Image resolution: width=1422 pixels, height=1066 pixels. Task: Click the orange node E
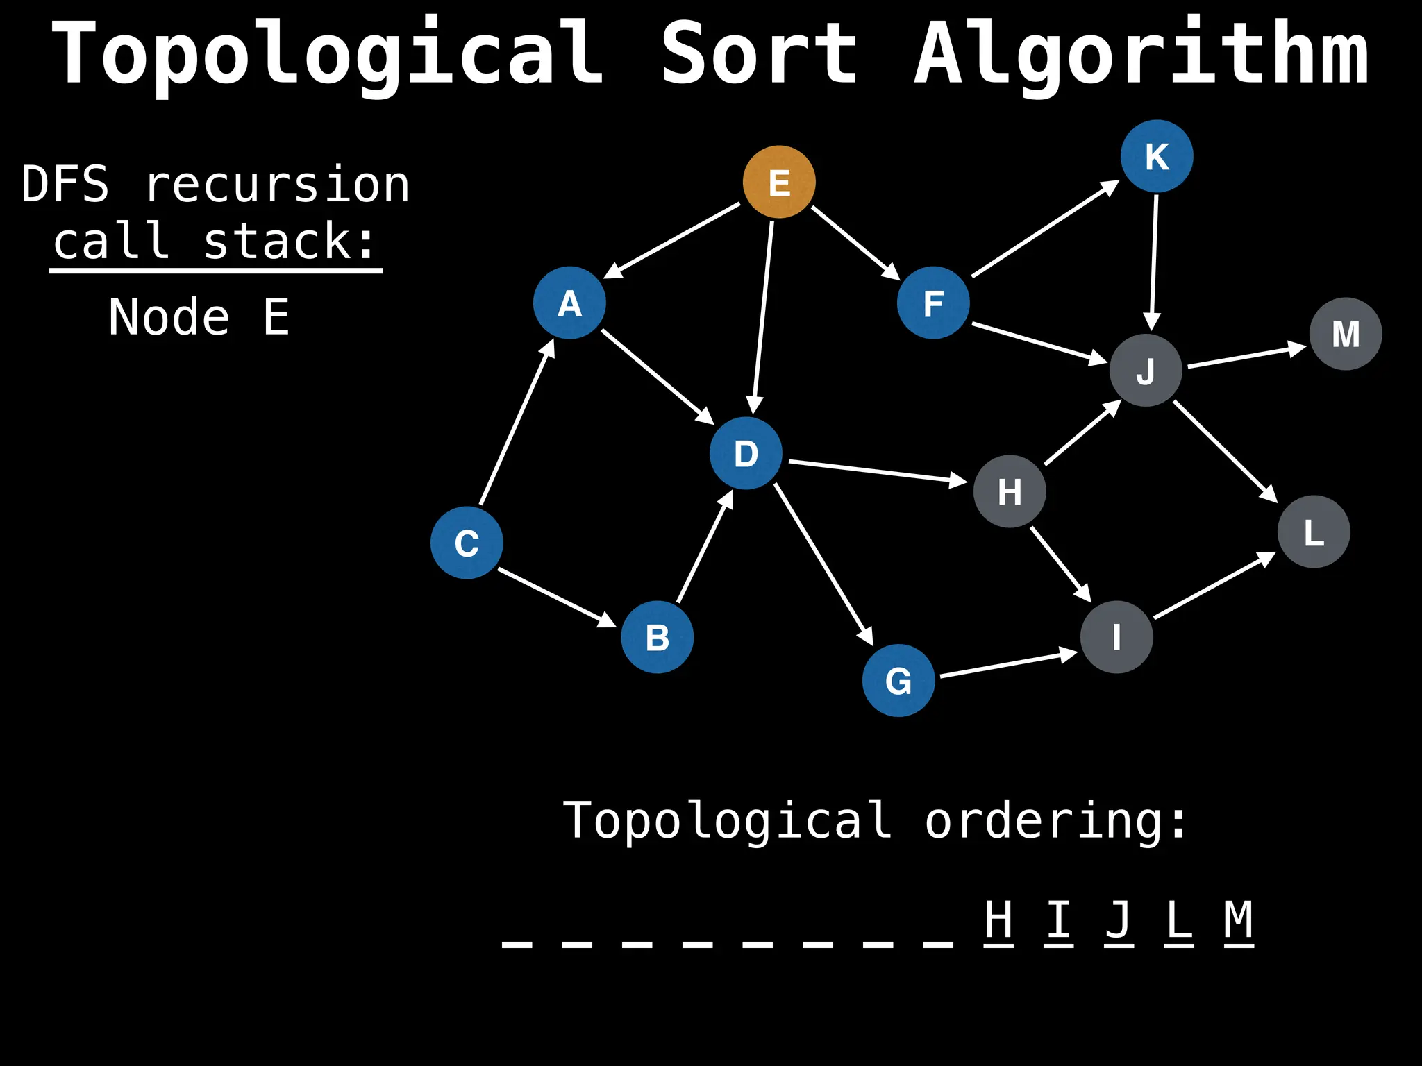coord(779,182)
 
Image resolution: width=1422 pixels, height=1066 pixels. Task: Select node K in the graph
coord(1157,156)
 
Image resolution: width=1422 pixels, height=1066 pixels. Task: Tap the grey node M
coord(1346,334)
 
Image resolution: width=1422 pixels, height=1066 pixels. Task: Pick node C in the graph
coord(467,543)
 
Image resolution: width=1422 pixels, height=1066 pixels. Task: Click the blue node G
coord(898,680)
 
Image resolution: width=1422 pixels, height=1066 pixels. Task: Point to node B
coord(657,637)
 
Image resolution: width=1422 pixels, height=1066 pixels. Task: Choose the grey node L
coord(1314,532)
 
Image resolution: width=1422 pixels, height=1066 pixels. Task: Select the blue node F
coord(933,303)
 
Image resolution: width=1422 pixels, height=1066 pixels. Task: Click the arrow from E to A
coord(672,240)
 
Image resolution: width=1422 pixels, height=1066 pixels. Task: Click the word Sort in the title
coord(758,54)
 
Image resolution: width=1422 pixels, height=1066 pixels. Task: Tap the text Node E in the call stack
coord(199,317)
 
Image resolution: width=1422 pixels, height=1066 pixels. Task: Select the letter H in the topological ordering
coord(998,920)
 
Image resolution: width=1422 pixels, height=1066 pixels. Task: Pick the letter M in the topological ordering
coord(1238,920)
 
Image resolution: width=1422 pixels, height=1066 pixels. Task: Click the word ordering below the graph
coord(1055,821)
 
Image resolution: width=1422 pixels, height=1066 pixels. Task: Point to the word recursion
coord(278,185)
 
